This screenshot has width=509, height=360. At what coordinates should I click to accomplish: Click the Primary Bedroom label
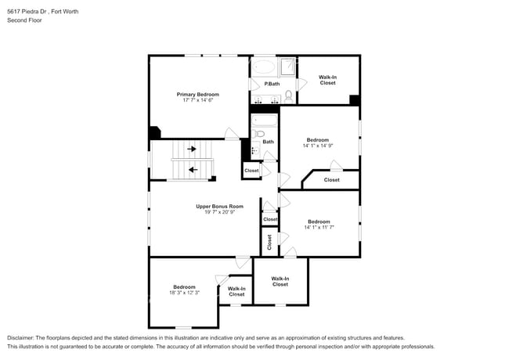197,95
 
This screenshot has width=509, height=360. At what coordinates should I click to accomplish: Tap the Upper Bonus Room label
219,207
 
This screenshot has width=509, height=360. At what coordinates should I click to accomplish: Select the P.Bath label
272,84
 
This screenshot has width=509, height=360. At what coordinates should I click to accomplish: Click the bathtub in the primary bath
264,67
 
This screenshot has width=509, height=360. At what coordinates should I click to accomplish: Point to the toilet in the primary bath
288,96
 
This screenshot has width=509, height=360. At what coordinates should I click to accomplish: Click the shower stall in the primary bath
287,67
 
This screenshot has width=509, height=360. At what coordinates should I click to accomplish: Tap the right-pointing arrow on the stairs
192,149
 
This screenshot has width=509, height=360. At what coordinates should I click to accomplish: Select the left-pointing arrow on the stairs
193,170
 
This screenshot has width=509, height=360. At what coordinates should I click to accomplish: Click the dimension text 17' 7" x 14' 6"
197,100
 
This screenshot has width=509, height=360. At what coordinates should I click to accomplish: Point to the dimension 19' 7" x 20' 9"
219,212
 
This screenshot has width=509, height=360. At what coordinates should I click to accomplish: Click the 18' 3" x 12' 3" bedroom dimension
184,293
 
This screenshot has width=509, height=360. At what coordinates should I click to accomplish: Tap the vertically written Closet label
269,242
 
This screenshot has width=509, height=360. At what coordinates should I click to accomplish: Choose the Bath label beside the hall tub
268,142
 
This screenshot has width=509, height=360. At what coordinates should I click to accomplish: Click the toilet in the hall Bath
258,133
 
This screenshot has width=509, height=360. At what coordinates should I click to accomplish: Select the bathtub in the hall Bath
265,121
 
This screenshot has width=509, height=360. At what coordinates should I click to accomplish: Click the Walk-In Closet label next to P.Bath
327,80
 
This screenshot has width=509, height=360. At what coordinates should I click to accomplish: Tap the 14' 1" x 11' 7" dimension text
319,228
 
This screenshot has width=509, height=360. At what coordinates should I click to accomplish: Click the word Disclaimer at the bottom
20,338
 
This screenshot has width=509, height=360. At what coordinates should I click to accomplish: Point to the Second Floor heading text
25,20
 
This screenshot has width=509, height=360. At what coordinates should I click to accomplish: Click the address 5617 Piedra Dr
27,12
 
